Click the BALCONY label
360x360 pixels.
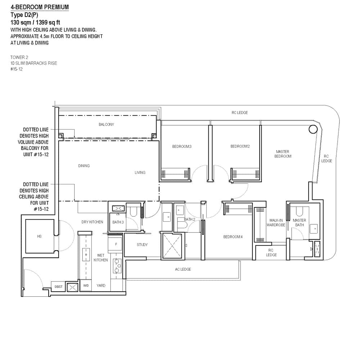tap(106, 125)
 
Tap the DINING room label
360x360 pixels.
tap(84, 166)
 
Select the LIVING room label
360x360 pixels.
tap(140, 172)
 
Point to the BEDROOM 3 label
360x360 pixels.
tap(181, 147)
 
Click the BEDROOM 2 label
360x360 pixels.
tap(240, 147)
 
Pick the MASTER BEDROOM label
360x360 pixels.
tap(283, 154)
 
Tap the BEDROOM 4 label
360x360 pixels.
tap(233, 237)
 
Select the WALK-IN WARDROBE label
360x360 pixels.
tap(276, 222)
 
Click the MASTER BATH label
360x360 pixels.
tap(299, 222)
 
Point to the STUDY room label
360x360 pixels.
tap(142, 245)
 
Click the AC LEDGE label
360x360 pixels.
tap(183, 269)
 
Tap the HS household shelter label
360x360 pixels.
tap(39, 237)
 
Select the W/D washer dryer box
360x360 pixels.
tap(86, 285)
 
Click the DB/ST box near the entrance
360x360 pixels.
tap(58, 287)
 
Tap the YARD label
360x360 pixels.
tap(101, 285)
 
